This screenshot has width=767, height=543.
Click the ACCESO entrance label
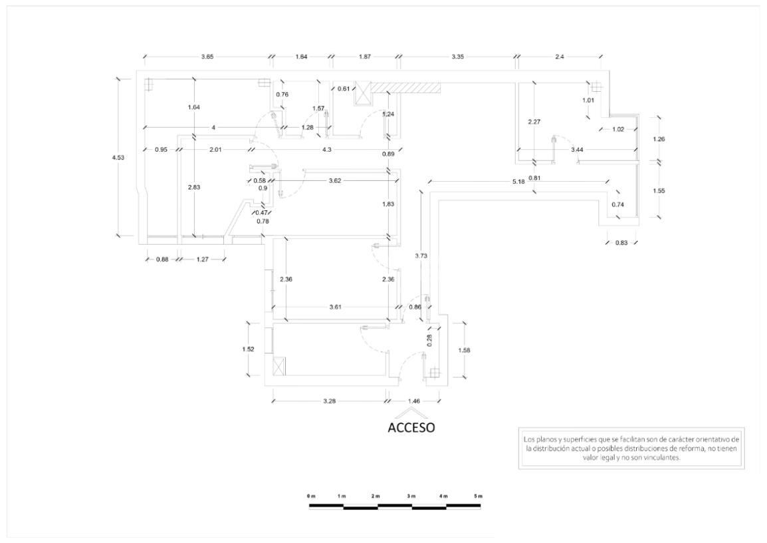tap(411, 427)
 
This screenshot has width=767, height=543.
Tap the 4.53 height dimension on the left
tap(118, 158)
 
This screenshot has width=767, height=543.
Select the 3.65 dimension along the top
tap(207, 57)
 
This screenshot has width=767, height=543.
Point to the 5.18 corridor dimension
tap(518, 182)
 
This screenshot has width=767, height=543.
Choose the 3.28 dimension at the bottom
tap(329, 401)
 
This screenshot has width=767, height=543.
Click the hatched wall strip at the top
tap(406, 87)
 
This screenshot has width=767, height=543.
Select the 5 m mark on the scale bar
tap(478, 496)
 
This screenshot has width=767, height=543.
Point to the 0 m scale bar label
tap(311, 496)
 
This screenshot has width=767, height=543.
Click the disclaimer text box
tap(631, 449)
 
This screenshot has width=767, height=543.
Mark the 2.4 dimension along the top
tap(559, 57)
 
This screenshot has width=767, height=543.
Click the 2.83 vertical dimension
tap(193, 187)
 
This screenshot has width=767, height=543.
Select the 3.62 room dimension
tap(335, 180)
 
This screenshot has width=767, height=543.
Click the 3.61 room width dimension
tap(336, 308)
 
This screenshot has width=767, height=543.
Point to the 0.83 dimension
tap(621, 243)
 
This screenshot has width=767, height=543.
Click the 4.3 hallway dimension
tap(326, 150)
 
